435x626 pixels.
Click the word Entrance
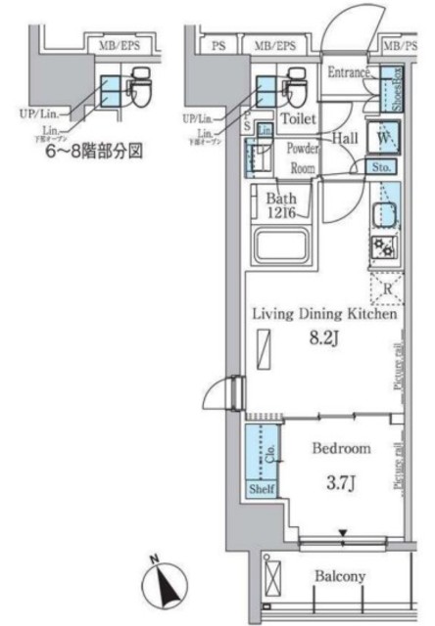coord(348,72)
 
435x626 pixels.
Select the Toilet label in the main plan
coord(298,118)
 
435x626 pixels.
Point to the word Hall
coord(344,138)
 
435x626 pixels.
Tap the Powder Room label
coord(301,157)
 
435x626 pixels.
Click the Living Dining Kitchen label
coord(324,315)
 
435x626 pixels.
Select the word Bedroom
coord(341,449)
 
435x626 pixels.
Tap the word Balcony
coord(340,577)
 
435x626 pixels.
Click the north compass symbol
coord(163,588)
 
